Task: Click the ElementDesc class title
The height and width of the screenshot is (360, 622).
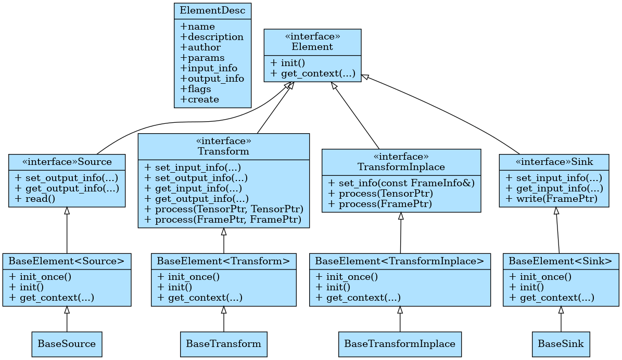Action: tap(212, 10)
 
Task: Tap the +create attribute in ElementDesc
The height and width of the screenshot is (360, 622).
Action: tap(199, 99)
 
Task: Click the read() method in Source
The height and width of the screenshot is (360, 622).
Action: tap(31, 198)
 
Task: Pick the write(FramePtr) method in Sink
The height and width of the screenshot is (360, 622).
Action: tap(551, 198)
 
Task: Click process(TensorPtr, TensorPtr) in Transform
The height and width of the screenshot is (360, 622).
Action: tap(223, 209)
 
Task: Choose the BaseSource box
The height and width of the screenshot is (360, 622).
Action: tap(67, 344)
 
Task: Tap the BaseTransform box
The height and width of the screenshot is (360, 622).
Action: tap(223, 344)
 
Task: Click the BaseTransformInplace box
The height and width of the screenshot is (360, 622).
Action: tap(400, 344)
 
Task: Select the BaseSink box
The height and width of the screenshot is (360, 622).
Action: tap(561, 344)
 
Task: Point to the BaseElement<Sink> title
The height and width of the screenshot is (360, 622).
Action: tap(560, 261)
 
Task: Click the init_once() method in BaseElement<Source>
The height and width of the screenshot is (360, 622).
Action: tap(40, 277)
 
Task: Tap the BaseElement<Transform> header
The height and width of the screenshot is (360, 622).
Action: tap(223, 261)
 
